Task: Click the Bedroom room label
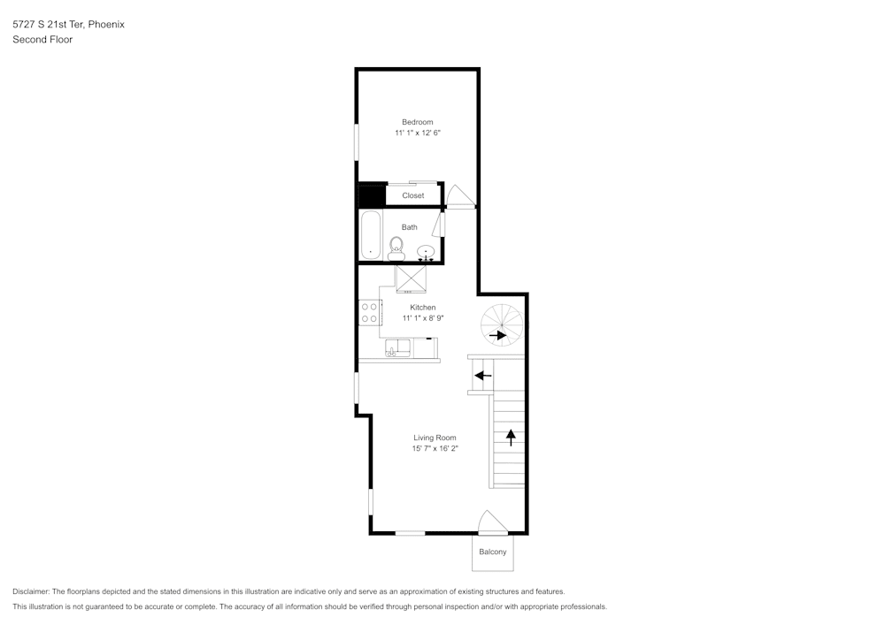pos(417,122)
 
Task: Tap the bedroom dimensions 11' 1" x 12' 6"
pos(417,133)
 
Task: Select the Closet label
pos(412,195)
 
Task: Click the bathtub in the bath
pos(370,235)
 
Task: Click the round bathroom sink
pos(427,252)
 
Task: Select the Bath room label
pos(409,227)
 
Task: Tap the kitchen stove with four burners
pos(370,312)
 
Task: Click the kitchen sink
pos(397,347)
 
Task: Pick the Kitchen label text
pos(422,308)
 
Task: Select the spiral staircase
pos(502,324)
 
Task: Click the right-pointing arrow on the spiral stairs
pos(497,335)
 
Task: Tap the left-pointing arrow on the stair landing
pos(482,376)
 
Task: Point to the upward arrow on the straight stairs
pos(510,436)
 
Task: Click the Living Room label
pos(435,438)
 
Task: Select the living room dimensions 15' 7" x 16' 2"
pos(435,449)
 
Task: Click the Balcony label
pos(493,553)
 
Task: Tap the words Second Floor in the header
pos(42,40)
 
